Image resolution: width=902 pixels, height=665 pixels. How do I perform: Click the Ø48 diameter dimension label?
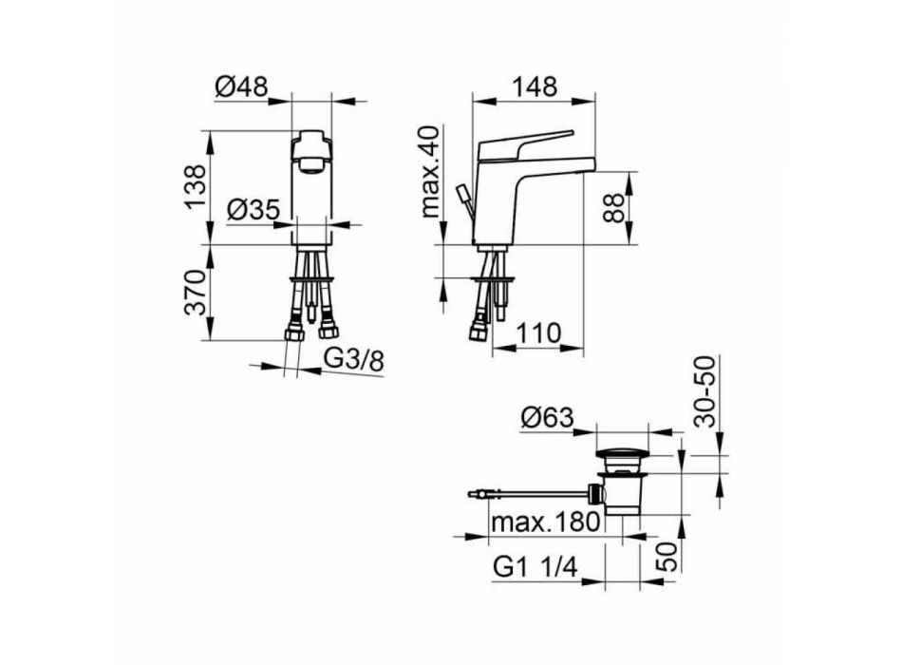pos(241,87)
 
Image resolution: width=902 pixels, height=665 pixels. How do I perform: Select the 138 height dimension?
pos(196,187)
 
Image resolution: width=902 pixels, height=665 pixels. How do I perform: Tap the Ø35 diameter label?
pos(254,210)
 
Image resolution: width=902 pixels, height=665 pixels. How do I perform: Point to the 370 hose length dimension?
pos(196,292)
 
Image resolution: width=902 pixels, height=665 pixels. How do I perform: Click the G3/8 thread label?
pos(354,361)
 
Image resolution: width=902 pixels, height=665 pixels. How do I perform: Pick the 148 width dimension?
pos(535,87)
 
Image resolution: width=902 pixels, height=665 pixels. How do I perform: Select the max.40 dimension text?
pos(431,172)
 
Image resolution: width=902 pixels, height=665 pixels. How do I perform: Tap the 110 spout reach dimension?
pos(537,333)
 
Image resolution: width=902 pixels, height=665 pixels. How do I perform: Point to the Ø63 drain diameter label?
pos(547,417)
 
